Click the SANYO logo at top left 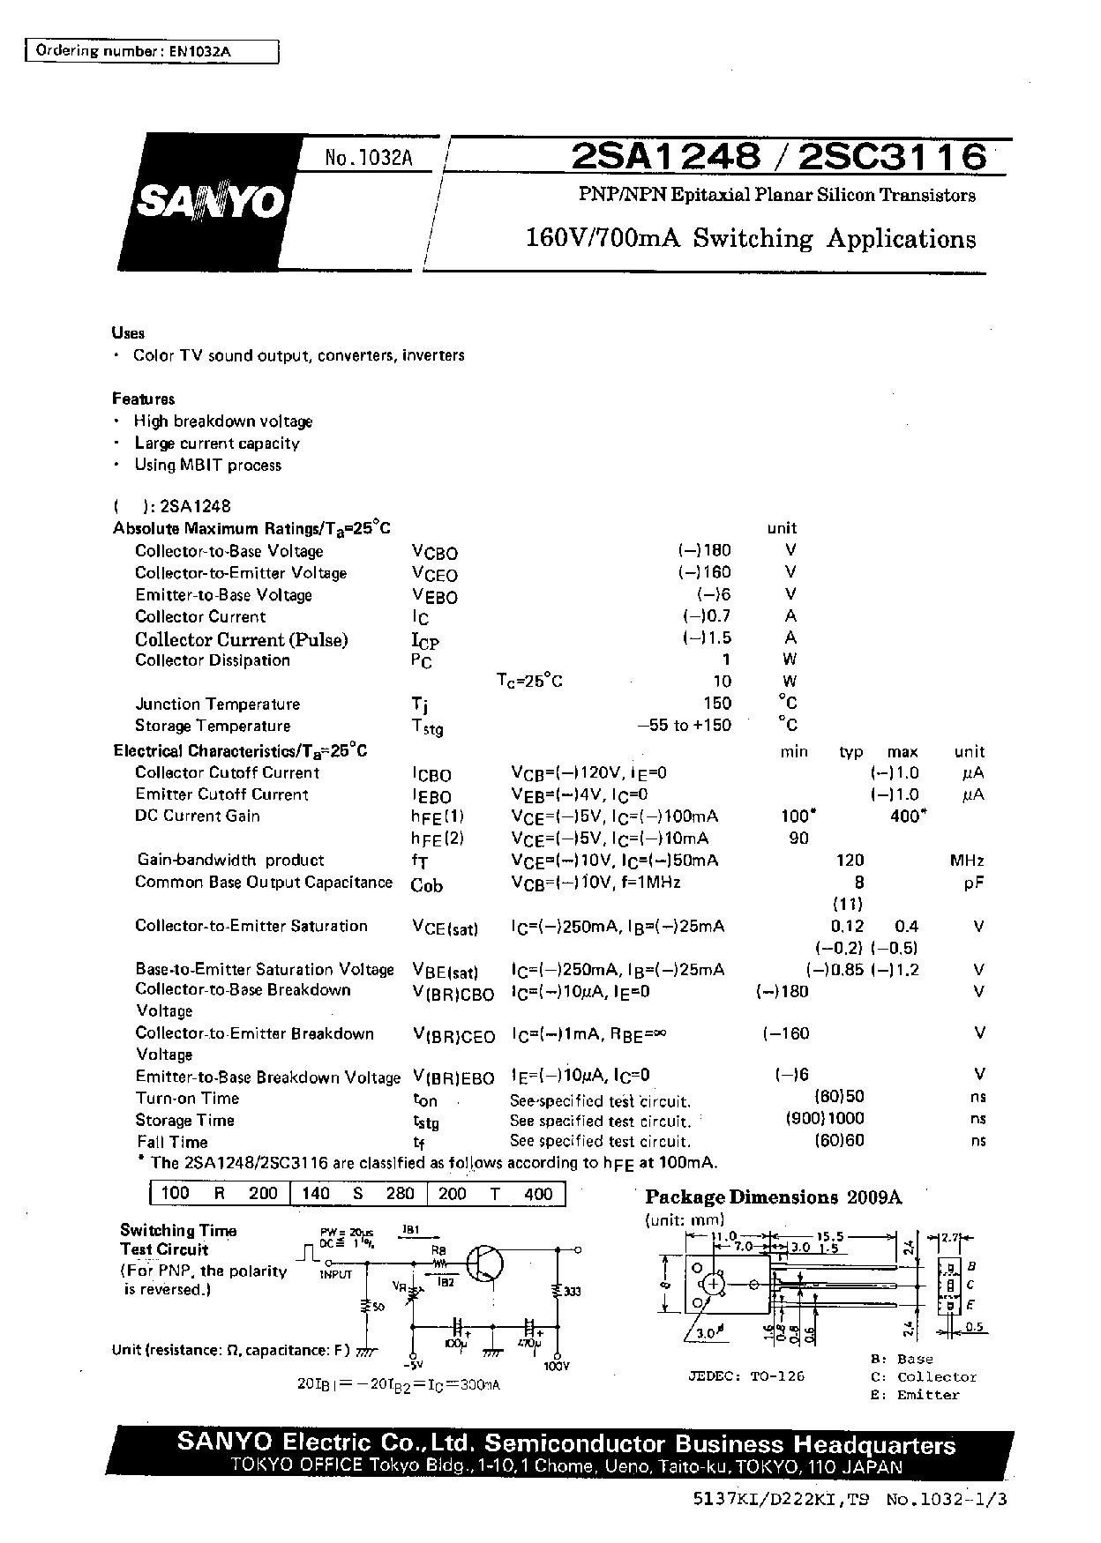pos(210,202)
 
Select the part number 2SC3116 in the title pos(894,157)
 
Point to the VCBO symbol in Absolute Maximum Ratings pos(434,553)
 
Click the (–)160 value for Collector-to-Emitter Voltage pos(705,572)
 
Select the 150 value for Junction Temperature pos(717,703)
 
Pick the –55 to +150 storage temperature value pos(684,725)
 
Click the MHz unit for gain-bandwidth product pos(967,861)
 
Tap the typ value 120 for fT pos(850,861)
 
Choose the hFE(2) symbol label pos(438,839)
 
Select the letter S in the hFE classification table pos(358,1194)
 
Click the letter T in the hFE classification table pos(495,1194)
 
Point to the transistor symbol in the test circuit pos(483,1263)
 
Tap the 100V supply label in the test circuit pos(557,1366)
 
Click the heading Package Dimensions pos(741,1197)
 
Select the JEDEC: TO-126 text pos(746,1375)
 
